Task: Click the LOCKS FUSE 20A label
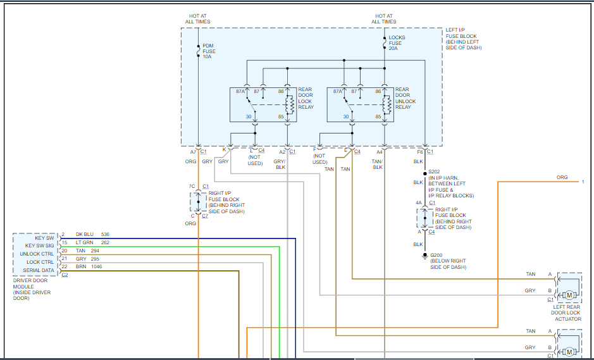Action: tap(397, 43)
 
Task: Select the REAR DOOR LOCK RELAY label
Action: tap(306, 98)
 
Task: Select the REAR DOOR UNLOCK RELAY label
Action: tap(405, 98)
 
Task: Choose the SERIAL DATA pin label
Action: tap(39, 270)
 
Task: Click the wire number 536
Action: tap(105, 235)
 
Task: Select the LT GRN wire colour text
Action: tap(85, 243)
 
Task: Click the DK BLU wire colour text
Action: tap(85, 235)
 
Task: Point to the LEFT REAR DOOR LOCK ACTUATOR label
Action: tap(567, 313)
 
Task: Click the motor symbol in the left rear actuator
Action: tap(569, 295)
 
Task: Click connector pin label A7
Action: tap(193, 152)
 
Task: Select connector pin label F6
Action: tap(420, 152)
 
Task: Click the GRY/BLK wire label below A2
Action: tap(280, 164)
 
